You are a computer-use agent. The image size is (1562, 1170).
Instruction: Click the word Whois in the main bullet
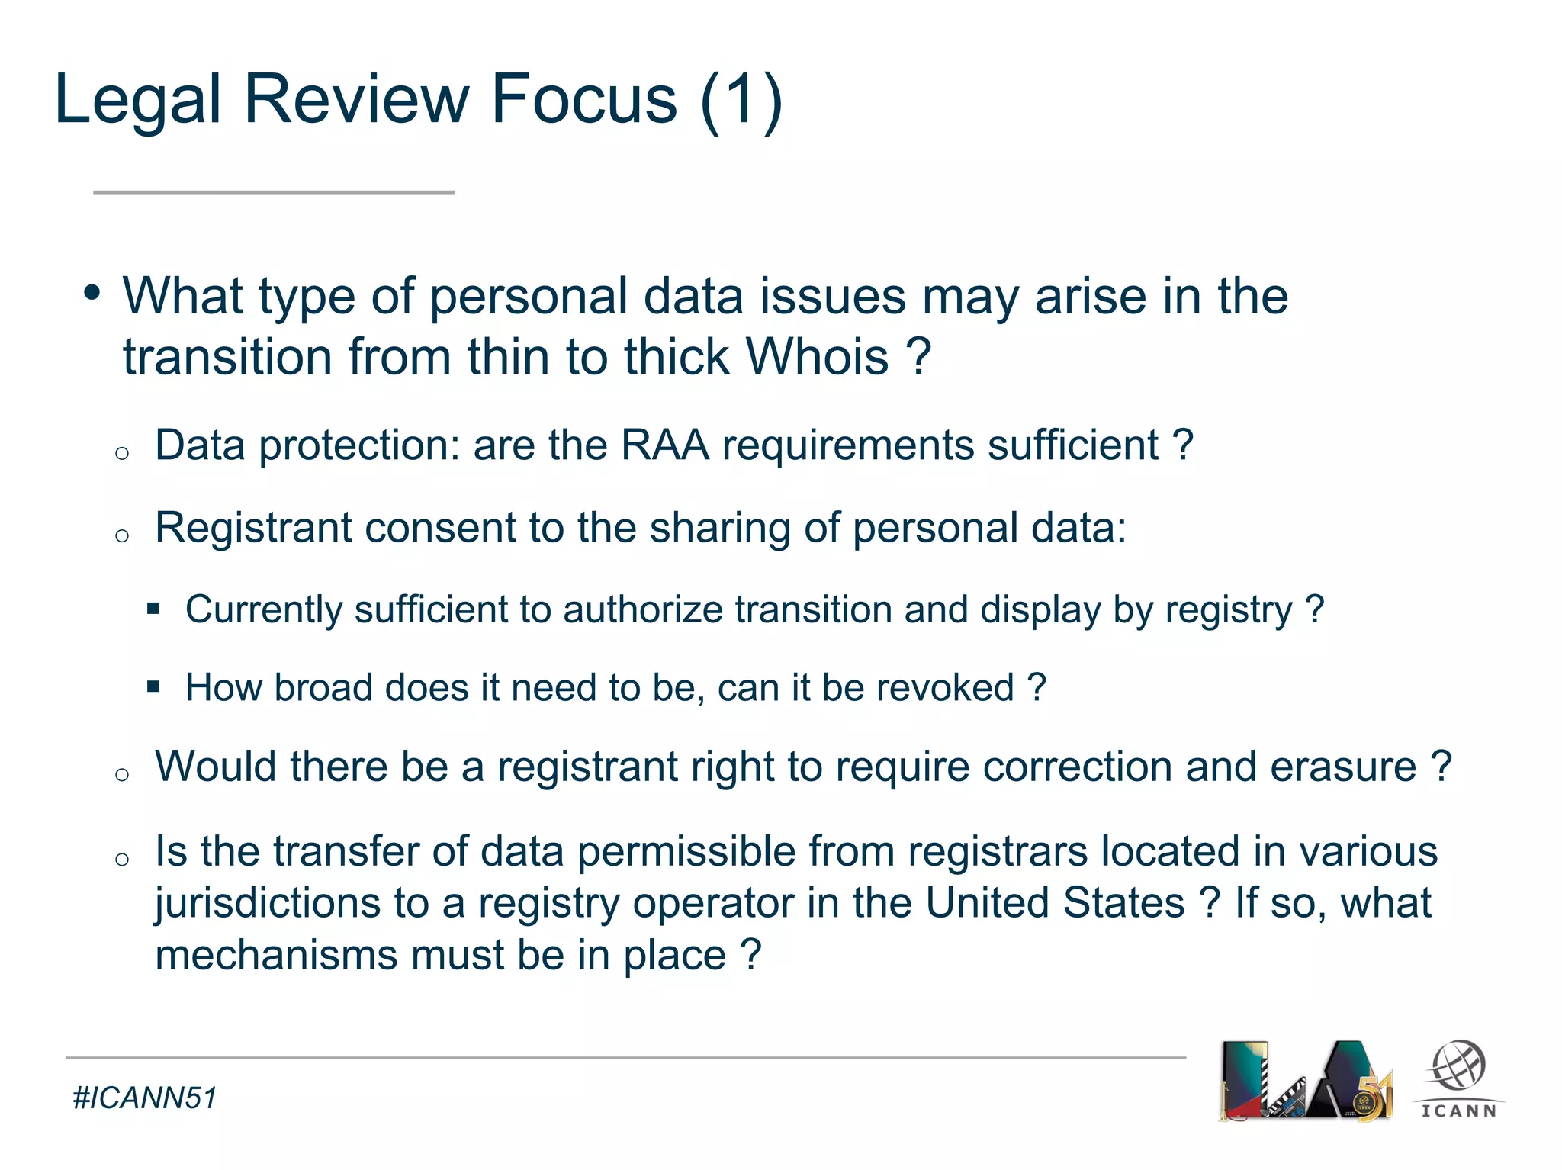817,357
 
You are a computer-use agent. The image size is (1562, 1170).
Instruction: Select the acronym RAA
665,445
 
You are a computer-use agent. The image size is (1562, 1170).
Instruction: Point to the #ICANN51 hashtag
145,1098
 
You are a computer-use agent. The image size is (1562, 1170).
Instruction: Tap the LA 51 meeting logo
1306,1081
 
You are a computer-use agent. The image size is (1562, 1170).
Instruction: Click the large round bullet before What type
92,293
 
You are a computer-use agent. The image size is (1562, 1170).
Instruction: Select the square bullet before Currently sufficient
153,609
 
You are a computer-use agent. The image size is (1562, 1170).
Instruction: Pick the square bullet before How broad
153,686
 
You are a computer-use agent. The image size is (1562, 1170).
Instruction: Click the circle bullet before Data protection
122,453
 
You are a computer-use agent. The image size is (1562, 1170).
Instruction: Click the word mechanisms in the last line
276,956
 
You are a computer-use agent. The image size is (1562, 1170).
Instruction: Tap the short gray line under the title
274,193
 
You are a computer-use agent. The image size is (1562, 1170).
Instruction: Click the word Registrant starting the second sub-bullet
253,528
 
